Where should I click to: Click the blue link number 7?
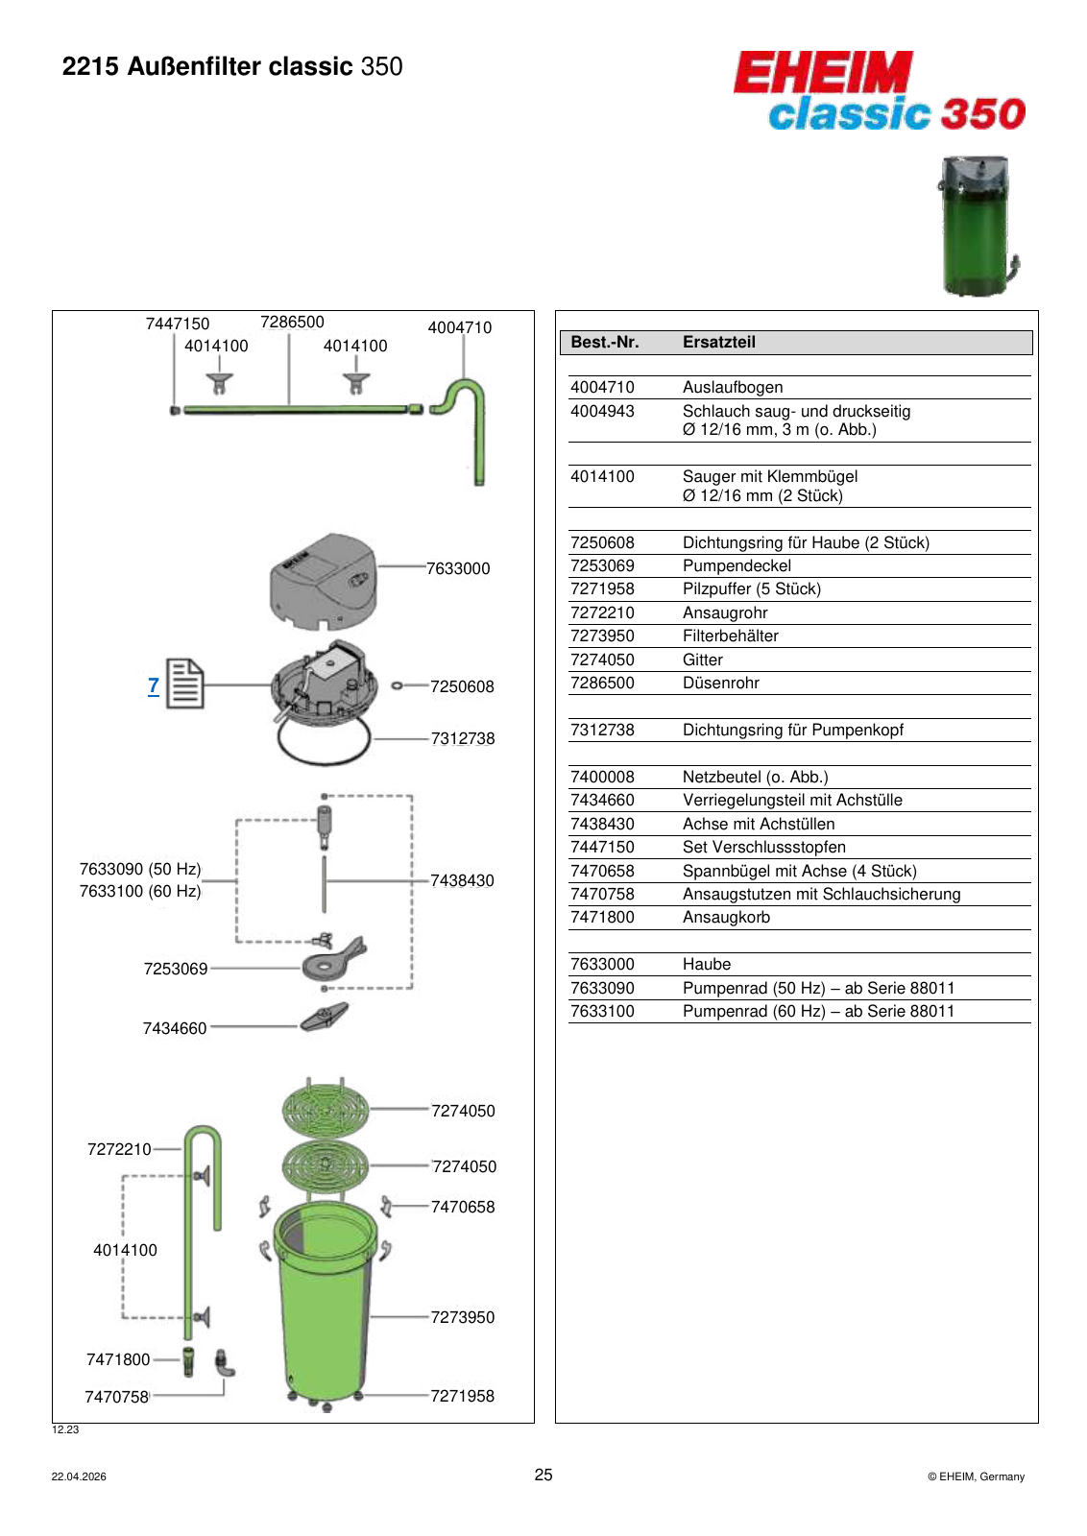154,685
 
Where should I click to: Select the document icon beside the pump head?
185,684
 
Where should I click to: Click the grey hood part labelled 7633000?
323,582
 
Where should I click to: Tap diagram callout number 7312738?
462,738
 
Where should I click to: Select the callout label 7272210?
119,1148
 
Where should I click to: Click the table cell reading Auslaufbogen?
733,387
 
